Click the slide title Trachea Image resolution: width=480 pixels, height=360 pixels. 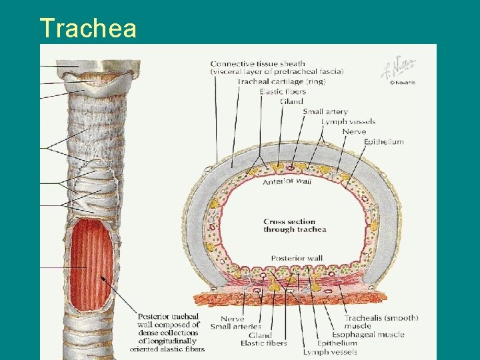point(88,28)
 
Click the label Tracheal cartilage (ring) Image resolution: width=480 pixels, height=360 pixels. point(272,82)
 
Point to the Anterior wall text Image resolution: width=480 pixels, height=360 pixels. point(287,181)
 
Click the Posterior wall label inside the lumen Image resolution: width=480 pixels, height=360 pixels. point(297,259)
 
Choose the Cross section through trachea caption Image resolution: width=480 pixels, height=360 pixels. point(295,226)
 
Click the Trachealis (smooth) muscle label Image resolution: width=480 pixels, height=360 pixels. point(381,322)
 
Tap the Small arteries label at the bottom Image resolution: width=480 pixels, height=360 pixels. point(234,327)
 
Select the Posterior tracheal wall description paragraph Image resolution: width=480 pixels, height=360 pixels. point(168,332)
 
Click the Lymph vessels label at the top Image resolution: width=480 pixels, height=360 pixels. point(348,122)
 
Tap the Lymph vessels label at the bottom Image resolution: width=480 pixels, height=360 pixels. point(330,352)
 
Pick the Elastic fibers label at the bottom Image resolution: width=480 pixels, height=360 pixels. point(263,344)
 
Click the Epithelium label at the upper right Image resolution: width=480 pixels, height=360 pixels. point(384,142)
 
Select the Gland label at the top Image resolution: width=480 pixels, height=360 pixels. point(291,102)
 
